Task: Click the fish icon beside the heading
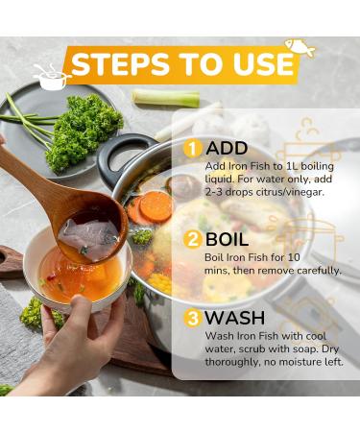tap(300, 47)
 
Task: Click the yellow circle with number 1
tap(192, 149)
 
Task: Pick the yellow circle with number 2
tap(192, 240)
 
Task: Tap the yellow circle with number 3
tap(192, 317)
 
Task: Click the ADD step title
tap(227, 149)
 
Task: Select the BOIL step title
tap(230, 240)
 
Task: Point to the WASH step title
tap(236, 317)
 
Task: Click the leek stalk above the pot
tap(165, 97)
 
